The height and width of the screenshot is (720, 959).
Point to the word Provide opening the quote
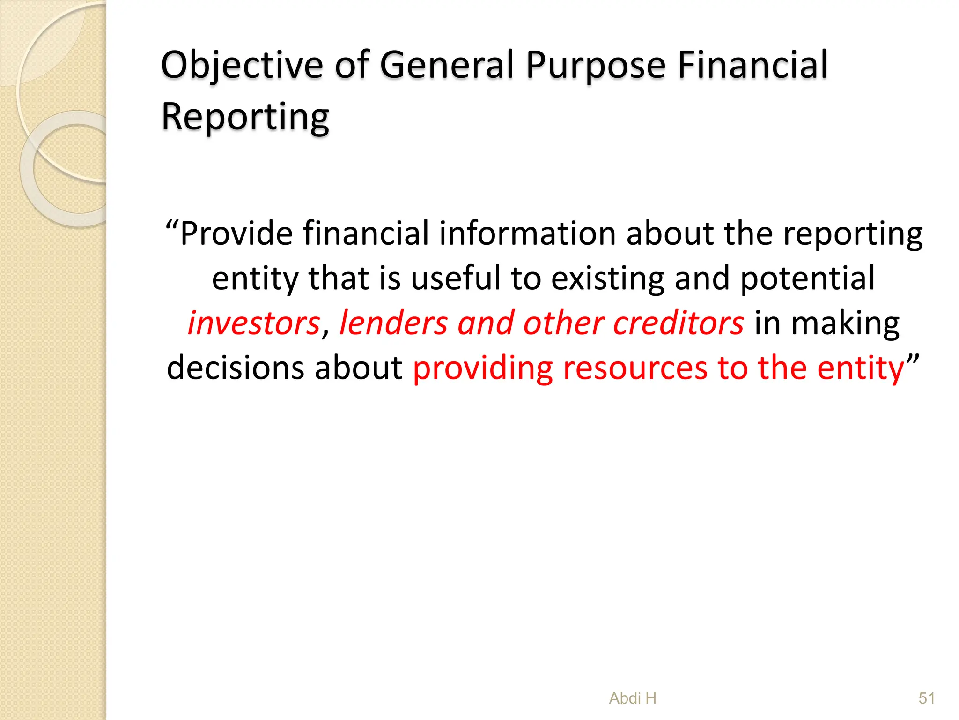pos(236,233)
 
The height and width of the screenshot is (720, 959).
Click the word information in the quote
pos(527,233)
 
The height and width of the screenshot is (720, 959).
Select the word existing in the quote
pos(607,278)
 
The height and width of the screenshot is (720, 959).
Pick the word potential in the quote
pos(807,278)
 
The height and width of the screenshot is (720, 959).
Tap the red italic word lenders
pos(393,323)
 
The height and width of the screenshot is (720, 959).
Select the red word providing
pos(482,367)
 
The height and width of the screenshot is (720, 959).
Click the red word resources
pos(635,367)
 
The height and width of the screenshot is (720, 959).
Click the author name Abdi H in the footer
pos(633,698)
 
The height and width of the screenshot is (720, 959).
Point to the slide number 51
pos(927,698)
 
